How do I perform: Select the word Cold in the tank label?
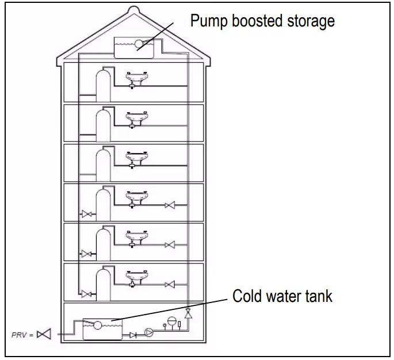click(249, 296)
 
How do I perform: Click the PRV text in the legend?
click(19, 334)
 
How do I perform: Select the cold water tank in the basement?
click(102, 329)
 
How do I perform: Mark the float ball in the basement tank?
click(98, 325)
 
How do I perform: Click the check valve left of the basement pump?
click(133, 334)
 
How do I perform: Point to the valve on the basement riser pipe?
click(188, 314)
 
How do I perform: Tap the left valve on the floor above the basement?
click(87, 294)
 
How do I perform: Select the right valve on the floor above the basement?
click(170, 284)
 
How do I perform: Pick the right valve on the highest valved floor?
click(170, 205)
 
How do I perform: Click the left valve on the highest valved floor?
click(87, 215)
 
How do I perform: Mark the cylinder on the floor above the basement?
click(104, 283)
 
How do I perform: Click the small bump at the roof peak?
click(133, 10)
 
